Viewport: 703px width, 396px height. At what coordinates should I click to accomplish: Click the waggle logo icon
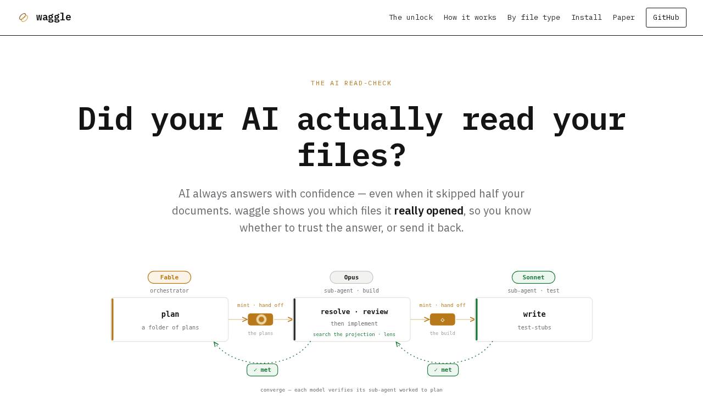pyautogui.click(x=24, y=18)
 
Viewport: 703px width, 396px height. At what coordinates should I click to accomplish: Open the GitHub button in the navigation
pyautogui.click(x=666, y=18)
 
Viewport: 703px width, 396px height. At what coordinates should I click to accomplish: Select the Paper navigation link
pyautogui.click(x=623, y=18)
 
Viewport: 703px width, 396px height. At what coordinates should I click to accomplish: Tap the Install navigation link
pyautogui.click(x=586, y=18)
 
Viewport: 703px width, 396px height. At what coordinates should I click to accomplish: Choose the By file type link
pyautogui.click(x=533, y=18)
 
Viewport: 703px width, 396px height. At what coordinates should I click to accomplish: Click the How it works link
pyautogui.click(x=470, y=18)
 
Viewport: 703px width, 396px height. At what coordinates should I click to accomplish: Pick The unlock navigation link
pyautogui.click(x=411, y=18)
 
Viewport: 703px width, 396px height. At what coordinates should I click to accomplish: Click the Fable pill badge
pyautogui.click(x=169, y=277)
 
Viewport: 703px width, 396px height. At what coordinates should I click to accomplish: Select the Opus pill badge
pyautogui.click(x=351, y=277)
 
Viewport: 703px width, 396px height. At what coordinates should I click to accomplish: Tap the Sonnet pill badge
pyautogui.click(x=533, y=277)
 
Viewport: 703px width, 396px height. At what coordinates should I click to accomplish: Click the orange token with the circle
pyautogui.click(x=260, y=320)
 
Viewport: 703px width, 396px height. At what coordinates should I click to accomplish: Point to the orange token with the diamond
pyautogui.click(x=443, y=320)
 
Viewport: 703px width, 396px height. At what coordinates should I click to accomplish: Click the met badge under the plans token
pyautogui.click(x=262, y=370)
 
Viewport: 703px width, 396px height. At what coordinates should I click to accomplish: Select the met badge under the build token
pyautogui.click(x=443, y=370)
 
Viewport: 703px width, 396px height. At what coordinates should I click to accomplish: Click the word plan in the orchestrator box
pyautogui.click(x=170, y=314)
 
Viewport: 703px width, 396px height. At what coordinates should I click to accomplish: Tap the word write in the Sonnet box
pyautogui.click(x=534, y=314)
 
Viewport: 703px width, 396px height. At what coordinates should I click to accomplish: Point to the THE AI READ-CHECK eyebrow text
pyautogui.click(x=351, y=83)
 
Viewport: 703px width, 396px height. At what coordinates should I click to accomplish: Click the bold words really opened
pyautogui.click(x=429, y=211)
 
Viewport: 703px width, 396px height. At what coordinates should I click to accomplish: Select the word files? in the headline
pyautogui.click(x=352, y=155)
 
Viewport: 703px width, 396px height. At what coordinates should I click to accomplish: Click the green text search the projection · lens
pyautogui.click(x=354, y=334)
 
